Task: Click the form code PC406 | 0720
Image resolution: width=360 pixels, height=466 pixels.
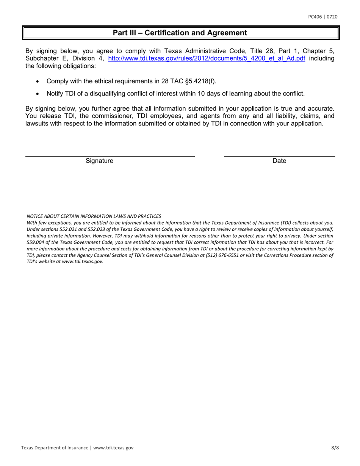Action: tap(322, 17)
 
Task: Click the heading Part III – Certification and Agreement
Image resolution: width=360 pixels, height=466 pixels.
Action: tap(180, 33)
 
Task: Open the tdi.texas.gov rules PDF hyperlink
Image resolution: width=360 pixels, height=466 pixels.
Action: tap(207, 59)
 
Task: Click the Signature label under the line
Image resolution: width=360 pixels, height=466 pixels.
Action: tap(99, 161)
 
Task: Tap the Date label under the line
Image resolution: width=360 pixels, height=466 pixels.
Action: tap(279, 161)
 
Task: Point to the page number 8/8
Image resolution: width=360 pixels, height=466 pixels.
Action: tap(334, 447)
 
